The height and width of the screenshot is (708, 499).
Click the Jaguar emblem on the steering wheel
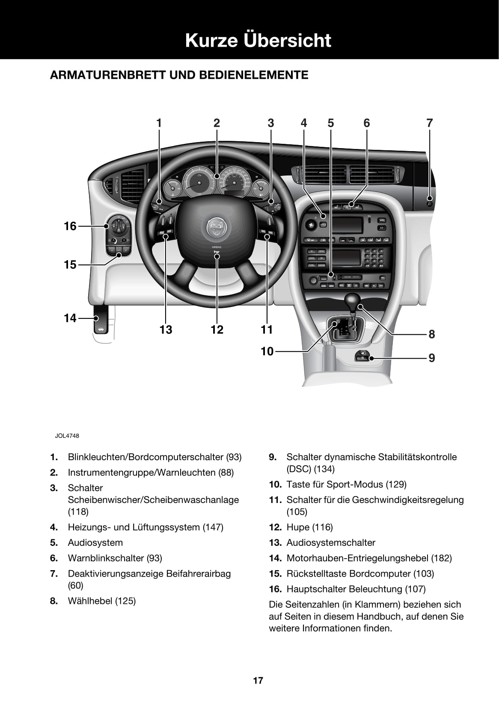(217, 227)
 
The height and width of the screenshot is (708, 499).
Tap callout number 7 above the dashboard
(429, 123)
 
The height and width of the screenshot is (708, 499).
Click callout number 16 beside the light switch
(70, 226)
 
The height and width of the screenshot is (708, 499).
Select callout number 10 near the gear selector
(267, 351)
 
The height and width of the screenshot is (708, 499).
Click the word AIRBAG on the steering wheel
(217, 247)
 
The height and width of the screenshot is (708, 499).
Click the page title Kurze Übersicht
(258, 40)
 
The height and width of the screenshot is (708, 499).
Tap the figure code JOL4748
(67, 436)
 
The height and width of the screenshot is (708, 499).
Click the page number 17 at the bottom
(258, 680)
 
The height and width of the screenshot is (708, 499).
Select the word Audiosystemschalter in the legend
(331, 543)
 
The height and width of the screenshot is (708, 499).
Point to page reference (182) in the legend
(442, 558)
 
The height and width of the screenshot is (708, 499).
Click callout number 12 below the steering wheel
(217, 330)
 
